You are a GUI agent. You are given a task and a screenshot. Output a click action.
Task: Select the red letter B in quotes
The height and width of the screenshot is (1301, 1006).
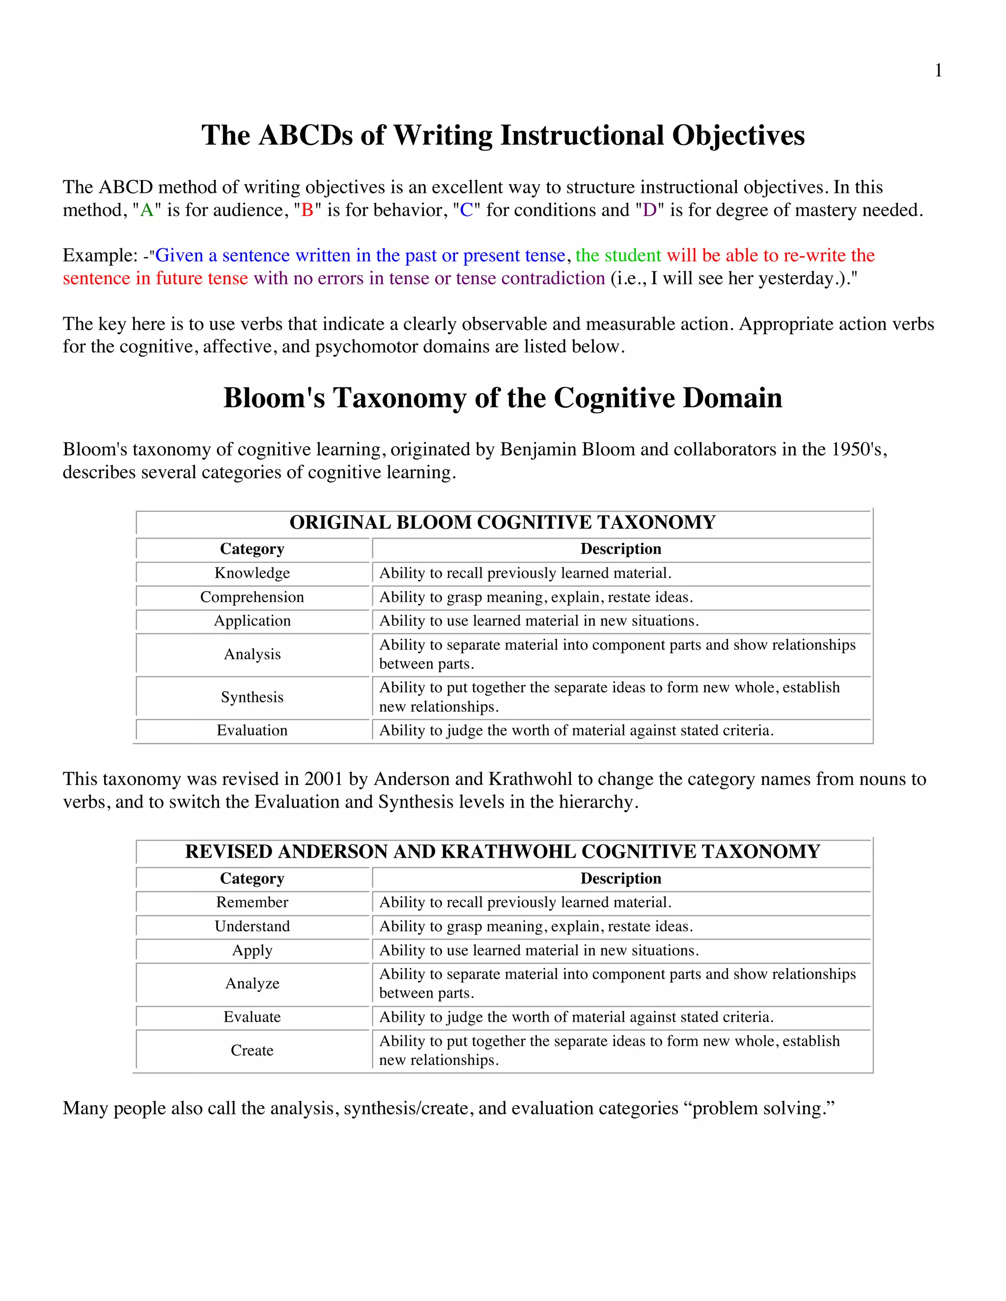coord(307,210)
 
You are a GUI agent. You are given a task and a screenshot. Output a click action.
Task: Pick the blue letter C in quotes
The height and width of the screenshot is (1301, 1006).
coord(466,210)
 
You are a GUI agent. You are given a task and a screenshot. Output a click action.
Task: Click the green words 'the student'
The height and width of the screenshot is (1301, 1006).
coord(618,256)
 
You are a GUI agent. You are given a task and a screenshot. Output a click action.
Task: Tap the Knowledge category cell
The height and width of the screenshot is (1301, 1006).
coord(252,573)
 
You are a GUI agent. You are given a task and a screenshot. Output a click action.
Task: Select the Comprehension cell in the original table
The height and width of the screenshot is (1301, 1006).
coord(252,597)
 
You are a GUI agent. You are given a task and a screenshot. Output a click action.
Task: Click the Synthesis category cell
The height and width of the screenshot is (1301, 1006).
coord(252,697)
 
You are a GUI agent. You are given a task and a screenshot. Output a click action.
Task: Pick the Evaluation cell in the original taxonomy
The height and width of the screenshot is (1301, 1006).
coord(252,731)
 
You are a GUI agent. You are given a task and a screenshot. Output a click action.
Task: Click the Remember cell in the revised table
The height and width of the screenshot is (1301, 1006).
coord(252,902)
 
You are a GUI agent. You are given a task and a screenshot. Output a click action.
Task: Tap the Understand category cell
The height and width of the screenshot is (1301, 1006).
coord(252,926)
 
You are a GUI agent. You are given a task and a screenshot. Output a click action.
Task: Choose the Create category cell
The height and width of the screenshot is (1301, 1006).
coord(252,1050)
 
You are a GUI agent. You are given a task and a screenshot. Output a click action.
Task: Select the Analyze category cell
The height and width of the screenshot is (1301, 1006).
coord(252,983)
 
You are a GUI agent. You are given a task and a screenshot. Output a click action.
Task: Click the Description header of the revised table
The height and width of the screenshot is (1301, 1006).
coord(620,879)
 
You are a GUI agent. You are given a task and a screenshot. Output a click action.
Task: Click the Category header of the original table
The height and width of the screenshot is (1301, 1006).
coord(252,549)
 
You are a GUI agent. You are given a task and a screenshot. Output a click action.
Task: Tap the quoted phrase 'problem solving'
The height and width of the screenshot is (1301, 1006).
coord(763,1109)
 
